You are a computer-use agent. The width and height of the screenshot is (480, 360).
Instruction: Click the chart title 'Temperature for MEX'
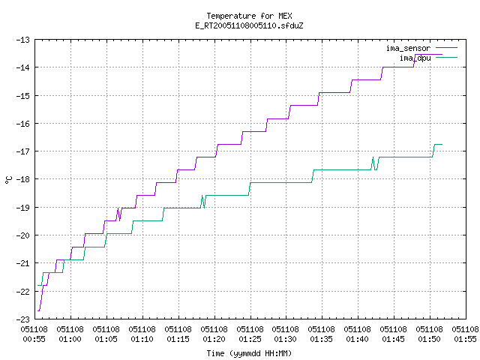click(249, 16)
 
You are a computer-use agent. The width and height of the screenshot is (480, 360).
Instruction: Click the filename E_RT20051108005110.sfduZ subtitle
click(249, 25)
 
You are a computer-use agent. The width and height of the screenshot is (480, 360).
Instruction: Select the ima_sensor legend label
click(408, 48)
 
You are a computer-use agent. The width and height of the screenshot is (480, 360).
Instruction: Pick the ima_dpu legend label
click(415, 58)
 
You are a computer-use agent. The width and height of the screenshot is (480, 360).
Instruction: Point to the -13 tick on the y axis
click(23, 40)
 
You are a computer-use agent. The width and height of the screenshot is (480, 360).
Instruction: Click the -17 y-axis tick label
click(23, 151)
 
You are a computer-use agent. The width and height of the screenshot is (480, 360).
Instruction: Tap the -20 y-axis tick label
click(23, 235)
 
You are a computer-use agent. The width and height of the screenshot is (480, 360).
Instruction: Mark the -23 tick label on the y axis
click(23, 319)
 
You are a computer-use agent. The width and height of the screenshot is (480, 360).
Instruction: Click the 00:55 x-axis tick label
click(34, 339)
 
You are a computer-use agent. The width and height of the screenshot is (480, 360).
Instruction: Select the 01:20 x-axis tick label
click(214, 339)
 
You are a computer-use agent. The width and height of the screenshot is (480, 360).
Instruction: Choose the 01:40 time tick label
click(358, 339)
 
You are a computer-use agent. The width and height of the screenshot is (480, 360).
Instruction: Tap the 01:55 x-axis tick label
click(465, 339)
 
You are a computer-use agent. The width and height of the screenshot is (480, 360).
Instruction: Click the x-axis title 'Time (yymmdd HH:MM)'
click(249, 353)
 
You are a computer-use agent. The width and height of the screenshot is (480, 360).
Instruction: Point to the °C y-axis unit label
click(8, 180)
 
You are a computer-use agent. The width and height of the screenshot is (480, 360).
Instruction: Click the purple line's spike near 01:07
click(118, 208)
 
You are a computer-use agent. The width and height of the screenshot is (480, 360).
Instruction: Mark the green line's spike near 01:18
click(202, 196)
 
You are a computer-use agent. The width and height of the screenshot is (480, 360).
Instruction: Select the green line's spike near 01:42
click(373, 157)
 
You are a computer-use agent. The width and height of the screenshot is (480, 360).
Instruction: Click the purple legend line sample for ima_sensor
click(446, 48)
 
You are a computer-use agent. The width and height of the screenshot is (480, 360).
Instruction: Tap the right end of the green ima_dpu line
click(442, 144)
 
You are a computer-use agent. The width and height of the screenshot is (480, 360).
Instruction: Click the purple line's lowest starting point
click(38, 310)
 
